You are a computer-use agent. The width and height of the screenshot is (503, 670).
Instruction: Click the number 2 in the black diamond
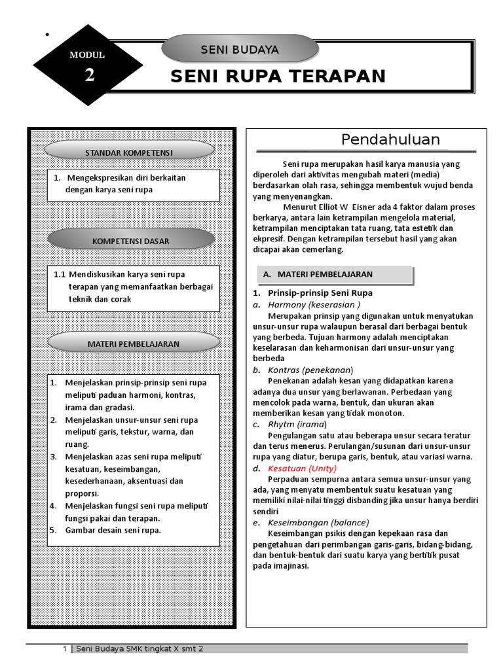[x=89, y=76]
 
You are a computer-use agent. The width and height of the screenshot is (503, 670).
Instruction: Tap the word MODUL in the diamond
[x=87, y=55]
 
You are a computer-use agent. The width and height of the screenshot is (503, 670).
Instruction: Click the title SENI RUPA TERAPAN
[x=278, y=77]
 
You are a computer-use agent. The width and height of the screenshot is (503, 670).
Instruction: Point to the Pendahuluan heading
[x=390, y=139]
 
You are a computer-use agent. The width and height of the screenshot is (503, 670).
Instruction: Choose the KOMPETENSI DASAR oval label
[x=130, y=241]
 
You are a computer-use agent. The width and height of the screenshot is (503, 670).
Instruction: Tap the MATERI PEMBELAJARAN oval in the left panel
[x=133, y=344]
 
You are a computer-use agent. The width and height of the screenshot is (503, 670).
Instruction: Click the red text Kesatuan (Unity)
[x=302, y=468]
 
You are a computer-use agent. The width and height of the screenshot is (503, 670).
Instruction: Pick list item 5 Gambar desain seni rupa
[x=113, y=530]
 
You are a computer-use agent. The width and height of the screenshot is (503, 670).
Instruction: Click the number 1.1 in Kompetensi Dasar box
[x=60, y=274]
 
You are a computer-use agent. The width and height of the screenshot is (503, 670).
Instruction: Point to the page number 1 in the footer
[x=65, y=648]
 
